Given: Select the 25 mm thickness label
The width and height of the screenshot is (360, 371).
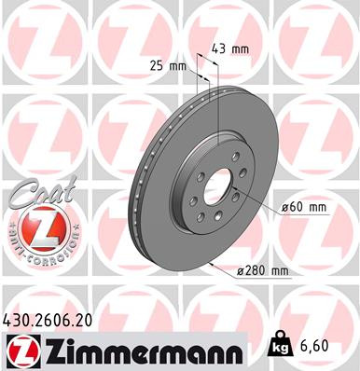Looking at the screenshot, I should (169, 65).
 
